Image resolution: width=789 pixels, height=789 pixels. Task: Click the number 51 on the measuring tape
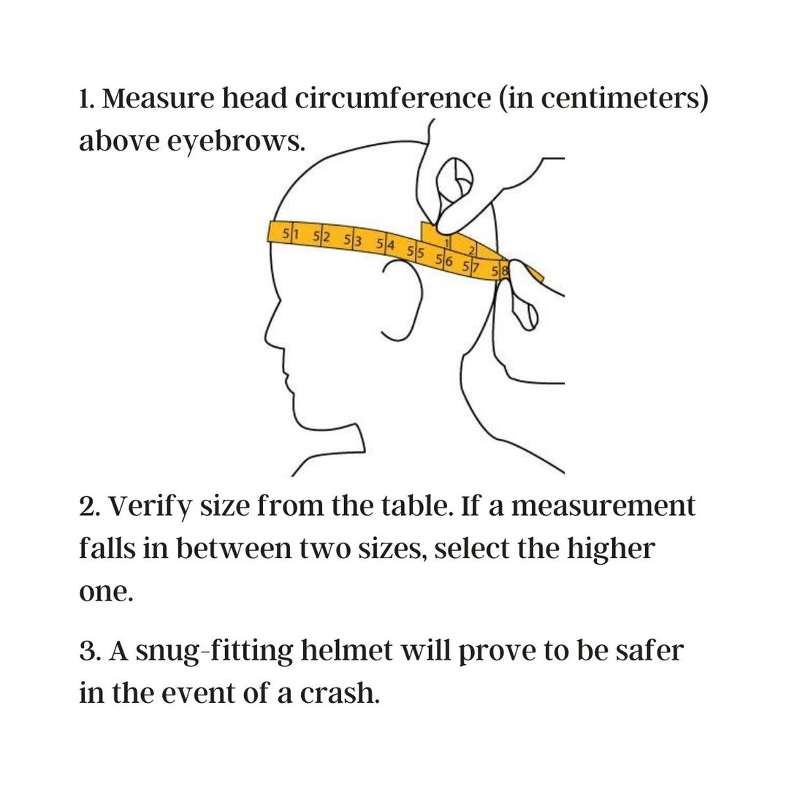(290, 234)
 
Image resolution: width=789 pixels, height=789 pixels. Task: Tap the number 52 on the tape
(321, 237)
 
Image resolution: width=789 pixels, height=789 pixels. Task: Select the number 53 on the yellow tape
(353, 240)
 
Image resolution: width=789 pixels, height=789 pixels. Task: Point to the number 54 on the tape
(386, 245)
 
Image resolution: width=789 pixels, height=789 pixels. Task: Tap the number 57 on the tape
(471, 267)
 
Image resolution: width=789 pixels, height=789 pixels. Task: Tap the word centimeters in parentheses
(621, 99)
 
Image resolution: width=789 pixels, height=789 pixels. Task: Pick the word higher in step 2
(611, 549)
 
